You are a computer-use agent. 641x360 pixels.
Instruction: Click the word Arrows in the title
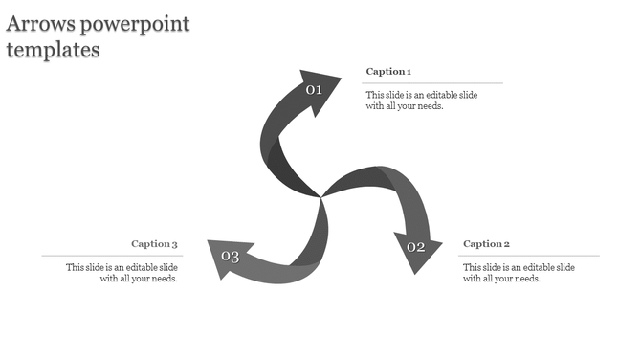[40, 23]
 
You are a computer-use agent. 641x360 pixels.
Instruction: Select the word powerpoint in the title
[136, 24]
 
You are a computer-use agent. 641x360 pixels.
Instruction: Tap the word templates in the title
[53, 50]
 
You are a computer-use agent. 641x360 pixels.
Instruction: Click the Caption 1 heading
[388, 72]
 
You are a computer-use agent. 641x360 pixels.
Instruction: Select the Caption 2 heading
[486, 244]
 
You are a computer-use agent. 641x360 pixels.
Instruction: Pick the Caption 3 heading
[155, 244]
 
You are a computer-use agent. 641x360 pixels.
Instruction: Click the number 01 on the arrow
[314, 90]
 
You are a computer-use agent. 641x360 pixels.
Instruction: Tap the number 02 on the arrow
[416, 247]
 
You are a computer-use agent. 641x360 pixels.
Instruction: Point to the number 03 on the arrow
[231, 256]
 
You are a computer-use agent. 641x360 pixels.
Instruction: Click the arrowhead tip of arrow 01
[340, 76]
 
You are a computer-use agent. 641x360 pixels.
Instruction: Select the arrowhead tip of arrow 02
[417, 273]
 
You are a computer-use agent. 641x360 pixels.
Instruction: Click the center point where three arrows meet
[320, 197]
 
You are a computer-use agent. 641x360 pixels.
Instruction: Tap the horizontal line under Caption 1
[431, 83]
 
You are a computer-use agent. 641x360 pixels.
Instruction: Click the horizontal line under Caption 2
[531, 256]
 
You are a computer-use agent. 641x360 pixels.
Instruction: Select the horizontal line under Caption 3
[110, 256]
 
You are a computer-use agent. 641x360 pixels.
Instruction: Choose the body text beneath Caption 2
[519, 273]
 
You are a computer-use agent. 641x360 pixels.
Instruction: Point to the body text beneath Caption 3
[122, 273]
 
